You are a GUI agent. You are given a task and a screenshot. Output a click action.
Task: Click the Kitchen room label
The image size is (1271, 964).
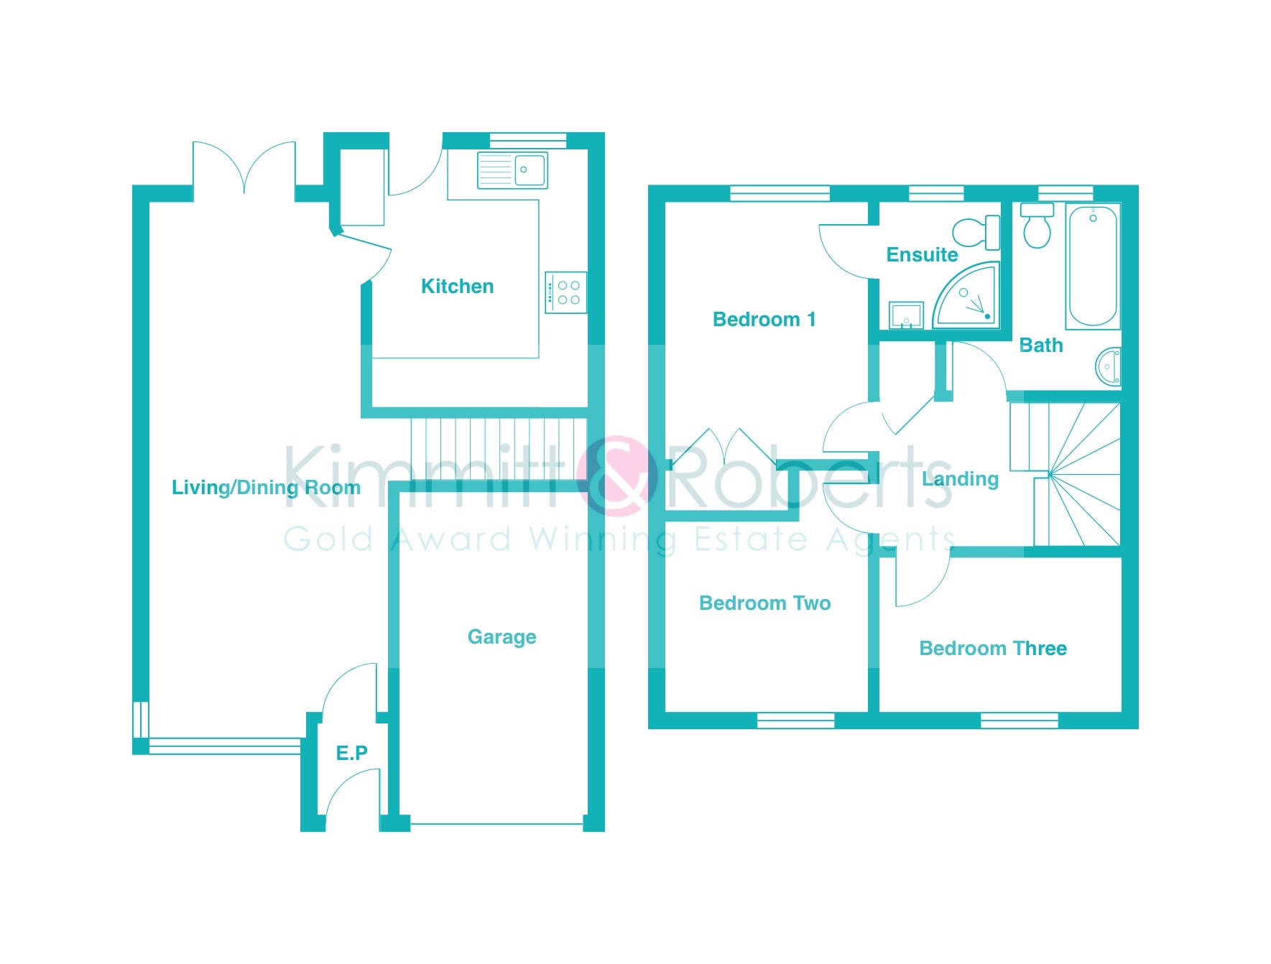tap(457, 287)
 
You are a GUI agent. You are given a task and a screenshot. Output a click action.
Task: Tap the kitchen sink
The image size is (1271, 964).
tap(512, 170)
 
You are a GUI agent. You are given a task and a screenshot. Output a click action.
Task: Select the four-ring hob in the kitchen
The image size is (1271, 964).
tap(566, 292)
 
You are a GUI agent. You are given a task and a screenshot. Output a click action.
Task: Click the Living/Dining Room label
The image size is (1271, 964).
tap(266, 488)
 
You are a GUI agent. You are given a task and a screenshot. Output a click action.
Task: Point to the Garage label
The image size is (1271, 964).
tap(502, 637)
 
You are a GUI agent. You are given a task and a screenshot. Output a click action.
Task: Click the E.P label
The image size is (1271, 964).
tap(351, 753)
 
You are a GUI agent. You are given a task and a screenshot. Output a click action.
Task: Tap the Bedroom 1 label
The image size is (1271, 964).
tap(764, 320)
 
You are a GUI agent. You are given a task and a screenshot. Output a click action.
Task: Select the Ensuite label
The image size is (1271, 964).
tap(922, 255)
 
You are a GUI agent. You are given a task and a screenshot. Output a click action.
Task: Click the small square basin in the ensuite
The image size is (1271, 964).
tap(906, 315)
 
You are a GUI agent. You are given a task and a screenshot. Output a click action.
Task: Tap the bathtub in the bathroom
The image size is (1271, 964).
tap(1093, 267)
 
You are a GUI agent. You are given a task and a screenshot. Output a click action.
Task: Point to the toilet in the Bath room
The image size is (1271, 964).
tap(1037, 226)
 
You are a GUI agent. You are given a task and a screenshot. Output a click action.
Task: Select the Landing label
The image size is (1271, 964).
tap(960, 479)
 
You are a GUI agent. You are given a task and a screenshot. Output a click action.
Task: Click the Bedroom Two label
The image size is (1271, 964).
tap(764, 603)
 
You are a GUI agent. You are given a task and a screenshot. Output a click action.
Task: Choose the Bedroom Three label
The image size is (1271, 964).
tap(993, 649)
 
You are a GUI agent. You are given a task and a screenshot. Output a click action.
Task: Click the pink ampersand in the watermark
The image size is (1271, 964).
tap(617, 476)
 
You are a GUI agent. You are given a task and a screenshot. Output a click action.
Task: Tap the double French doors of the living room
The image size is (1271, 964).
tap(244, 168)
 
